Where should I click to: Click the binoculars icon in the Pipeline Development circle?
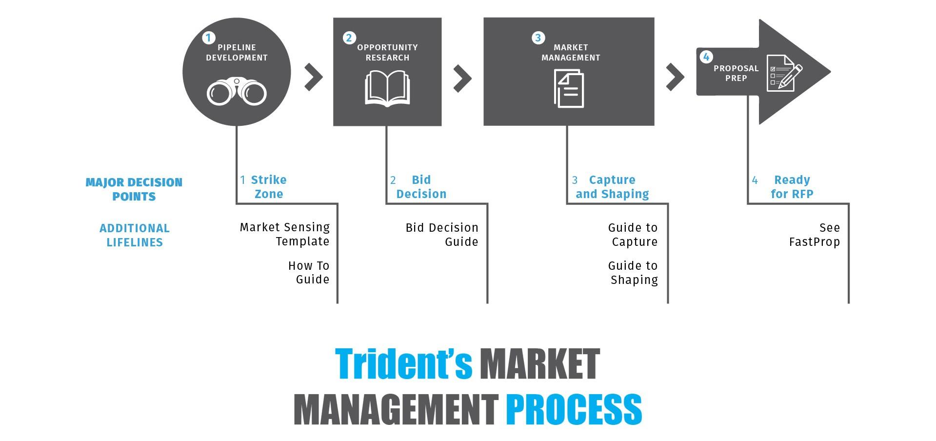click(237, 91)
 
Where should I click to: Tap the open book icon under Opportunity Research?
click(387, 88)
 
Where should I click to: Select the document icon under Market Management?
click(569, 88)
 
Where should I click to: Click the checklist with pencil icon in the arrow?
click(784, 73)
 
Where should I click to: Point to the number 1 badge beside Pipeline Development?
click(209, 38)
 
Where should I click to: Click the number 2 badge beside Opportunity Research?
click(349, 38)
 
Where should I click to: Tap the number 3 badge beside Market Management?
click(538, 38)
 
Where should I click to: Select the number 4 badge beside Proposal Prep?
click(706, 57)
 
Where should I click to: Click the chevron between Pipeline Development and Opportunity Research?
click(314, 77)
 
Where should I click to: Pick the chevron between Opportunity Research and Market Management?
click(462, 78)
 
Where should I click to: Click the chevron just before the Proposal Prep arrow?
click(675, 77)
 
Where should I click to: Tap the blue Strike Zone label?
click(268, 187)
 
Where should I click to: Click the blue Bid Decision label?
click(421, 187)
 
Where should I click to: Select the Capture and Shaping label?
click(612, 187)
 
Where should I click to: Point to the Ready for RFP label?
click(792, 187)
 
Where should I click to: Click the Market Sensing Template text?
click(285, 234)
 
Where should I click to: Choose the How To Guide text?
click(309, 272)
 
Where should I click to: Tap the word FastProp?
click(814, 242)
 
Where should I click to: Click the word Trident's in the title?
click(403, 363)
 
